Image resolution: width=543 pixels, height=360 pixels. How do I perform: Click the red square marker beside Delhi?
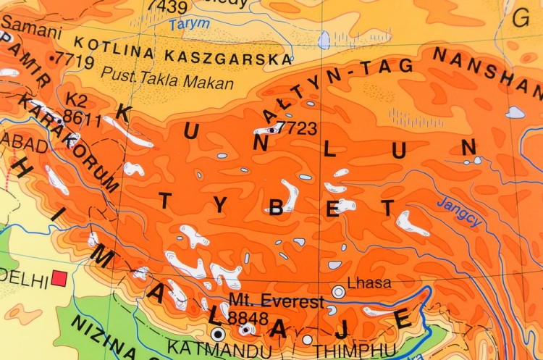59,278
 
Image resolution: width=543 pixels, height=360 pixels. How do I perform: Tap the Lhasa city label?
369,283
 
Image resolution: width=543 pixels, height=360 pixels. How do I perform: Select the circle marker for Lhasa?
338,292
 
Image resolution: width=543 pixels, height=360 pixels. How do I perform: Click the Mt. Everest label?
276,301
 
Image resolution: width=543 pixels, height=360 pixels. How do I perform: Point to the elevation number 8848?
248,319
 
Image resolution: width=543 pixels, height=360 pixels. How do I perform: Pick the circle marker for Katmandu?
218,334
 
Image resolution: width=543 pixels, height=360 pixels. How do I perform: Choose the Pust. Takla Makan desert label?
167,78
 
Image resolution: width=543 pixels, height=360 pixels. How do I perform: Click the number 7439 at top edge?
167,7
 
